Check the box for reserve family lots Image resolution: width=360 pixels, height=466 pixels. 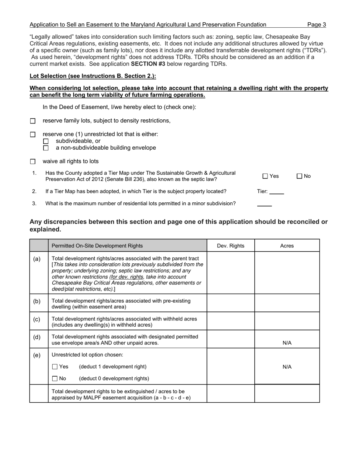(x=33, y=121)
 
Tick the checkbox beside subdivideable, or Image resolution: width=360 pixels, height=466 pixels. (x=46, y=141)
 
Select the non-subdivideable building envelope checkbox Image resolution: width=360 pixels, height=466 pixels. (x=46, y=148)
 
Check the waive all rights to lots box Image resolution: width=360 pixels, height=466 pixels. (x=33, y=162)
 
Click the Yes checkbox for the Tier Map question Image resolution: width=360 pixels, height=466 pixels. (x=265, y=176)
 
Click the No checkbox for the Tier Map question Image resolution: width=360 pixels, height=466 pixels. (x=299, y=176)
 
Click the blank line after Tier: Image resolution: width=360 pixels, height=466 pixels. (x=276, y=192)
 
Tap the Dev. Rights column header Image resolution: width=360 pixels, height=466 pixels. (x=230, y=246)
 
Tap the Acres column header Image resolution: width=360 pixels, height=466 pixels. (x=287, y=246)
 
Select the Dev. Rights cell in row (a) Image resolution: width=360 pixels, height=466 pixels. (x=230, y=272)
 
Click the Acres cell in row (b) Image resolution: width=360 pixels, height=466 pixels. (x=287, y=303)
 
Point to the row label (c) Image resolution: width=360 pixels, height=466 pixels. (x=37, y=319)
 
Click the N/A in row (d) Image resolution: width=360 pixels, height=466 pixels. (x=287, y=343)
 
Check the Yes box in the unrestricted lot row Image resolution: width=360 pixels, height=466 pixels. (x=55, y=367)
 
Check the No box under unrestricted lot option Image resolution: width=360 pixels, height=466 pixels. (x=55, y=378)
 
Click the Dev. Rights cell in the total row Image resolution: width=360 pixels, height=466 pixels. (x=230, y=394)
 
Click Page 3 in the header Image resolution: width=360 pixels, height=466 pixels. (x=316, y=25)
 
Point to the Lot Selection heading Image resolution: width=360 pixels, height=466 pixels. (x=93, y=76)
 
